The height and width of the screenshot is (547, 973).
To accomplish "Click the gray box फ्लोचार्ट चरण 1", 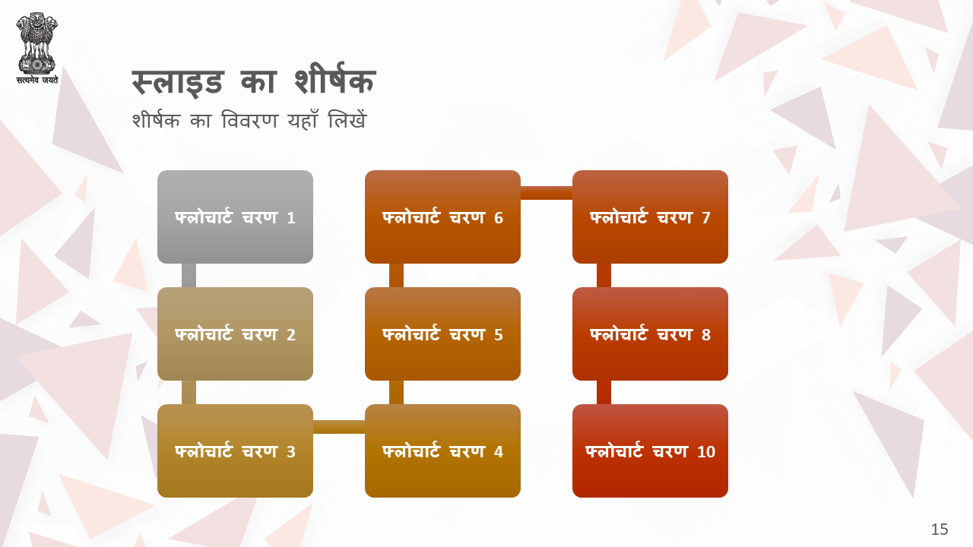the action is [x=235, y=217].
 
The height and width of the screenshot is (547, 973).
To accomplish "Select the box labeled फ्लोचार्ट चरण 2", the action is [x=235, y=334].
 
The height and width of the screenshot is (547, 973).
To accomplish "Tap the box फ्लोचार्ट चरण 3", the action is [x=235, y=451].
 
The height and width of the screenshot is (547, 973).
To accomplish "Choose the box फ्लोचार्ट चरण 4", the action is [x=442, y=451].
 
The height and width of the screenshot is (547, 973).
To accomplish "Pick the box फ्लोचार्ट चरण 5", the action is [x=442, y=334].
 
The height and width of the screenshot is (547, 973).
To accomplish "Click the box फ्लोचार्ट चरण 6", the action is [x=442, y=217].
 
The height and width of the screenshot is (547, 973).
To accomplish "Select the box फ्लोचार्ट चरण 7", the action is [x=650, y=217].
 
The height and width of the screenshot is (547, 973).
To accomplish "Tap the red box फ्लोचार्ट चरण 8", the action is [x=650, y=334].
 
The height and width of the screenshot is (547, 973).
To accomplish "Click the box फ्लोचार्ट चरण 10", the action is [x=650, y=451].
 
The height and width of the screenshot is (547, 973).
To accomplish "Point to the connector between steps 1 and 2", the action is [x=189, y=275].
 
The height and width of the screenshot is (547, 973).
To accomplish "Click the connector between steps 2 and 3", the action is [x=189, y=393].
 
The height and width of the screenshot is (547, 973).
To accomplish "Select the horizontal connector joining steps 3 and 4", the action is [x=339, y=427].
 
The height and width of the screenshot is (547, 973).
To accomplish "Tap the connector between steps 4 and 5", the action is [x=396, y=393].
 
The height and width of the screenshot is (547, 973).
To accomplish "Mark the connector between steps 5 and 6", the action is [x=396, y=275].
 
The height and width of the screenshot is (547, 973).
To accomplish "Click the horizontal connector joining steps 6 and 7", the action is [x=547, y=193].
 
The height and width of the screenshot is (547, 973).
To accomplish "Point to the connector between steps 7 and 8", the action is [x=604, y=275].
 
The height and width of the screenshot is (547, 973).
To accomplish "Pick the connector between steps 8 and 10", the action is [x=604, y=393].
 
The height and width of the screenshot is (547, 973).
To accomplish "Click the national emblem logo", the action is [x=37, y=48].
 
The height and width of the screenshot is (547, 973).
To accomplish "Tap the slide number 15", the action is [x=939, y=530].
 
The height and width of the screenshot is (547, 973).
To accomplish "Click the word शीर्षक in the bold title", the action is [x=334, y=80].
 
